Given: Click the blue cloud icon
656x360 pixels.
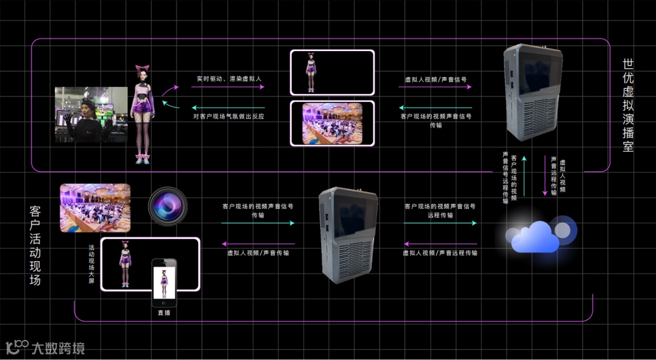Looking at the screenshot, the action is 535,237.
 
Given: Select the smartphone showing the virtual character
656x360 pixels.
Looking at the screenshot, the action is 164,283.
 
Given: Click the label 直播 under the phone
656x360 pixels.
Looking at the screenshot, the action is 164,313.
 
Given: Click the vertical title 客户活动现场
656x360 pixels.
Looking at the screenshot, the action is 35,245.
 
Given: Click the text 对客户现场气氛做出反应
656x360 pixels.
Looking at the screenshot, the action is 229,115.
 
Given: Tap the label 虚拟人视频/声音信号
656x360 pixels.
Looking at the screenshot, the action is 436,79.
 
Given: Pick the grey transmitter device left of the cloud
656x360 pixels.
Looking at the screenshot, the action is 349,236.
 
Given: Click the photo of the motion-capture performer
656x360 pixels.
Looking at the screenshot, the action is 91,114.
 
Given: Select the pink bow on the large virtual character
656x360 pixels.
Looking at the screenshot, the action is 142,69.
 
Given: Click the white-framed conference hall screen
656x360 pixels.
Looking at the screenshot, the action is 332,123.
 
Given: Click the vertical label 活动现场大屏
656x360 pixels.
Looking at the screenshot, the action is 92,265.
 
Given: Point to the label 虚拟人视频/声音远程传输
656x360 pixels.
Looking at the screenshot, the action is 440,253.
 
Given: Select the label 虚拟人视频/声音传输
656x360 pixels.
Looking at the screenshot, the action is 258,253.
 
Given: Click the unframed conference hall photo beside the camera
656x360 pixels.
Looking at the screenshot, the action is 95,208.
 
